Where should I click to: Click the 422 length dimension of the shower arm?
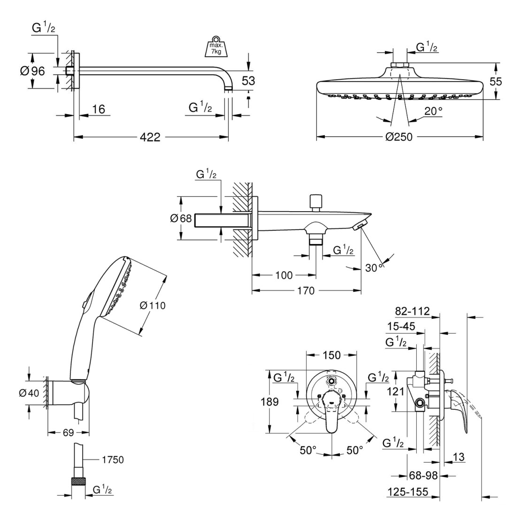(x=151, y=137)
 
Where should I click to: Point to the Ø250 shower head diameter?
(x=399, y=137)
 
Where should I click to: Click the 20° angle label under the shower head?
(x=433, y=111)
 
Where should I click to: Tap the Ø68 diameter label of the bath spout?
(x=181, y=218)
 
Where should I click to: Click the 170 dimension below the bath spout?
(x=306, y=291)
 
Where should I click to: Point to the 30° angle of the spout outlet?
(x=375, y=267)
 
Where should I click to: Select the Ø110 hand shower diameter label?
(x=153, y=306)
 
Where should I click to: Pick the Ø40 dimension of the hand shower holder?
(x=30, y=393)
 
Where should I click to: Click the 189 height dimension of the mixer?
(x=268, y=402)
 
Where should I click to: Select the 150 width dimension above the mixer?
(x=332, y=355)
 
